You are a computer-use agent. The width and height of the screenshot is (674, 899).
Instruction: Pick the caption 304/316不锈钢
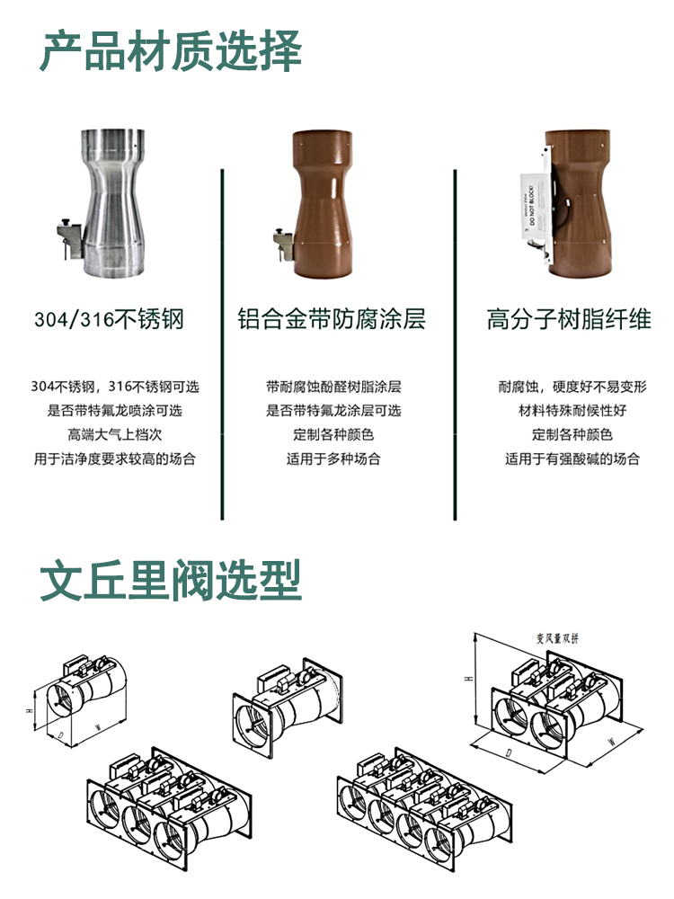click(x=109, y=319)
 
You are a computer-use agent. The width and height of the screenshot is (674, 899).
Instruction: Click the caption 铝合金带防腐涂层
click(x=332, y=319)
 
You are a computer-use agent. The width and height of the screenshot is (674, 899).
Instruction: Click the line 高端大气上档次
click(x=114, y=435)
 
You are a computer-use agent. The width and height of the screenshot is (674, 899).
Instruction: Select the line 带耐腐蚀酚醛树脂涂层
click(x=333, y=387)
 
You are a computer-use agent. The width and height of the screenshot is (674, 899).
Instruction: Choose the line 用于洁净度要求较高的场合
click(x=114, y=458)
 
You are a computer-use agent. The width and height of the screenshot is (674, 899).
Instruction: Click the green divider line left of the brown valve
click(x=221, y=342)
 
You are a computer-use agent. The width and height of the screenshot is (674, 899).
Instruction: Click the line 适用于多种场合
click(x=333, y=458)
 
